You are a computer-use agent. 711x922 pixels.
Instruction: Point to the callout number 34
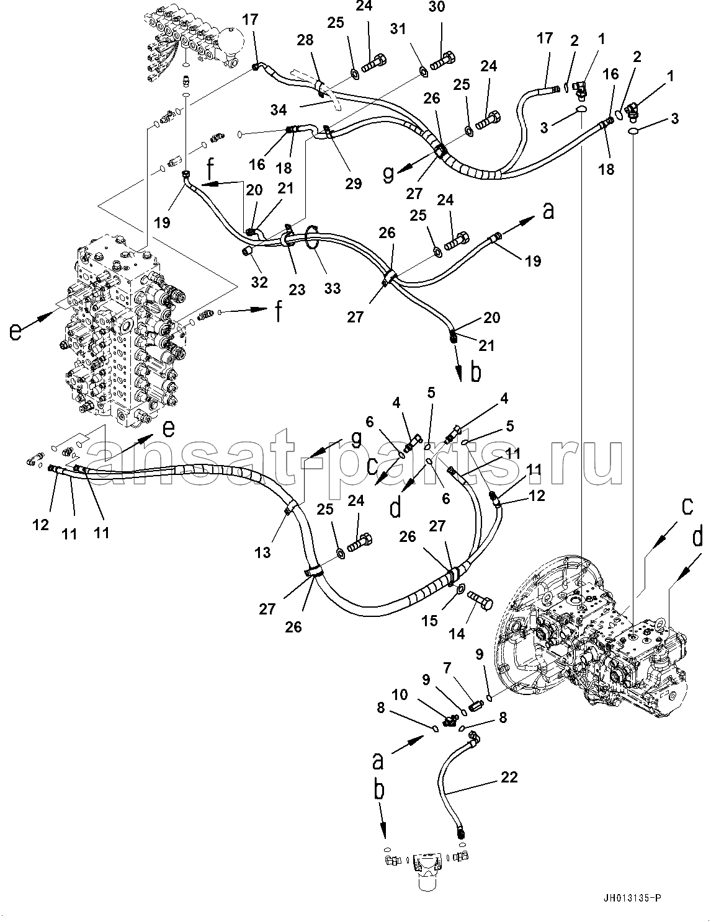pos(279,110)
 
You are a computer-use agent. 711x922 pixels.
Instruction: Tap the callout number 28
pos(305,40)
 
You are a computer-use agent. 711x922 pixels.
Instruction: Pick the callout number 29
pos(353,183)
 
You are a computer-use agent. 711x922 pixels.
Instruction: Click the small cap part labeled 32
pos(247,252)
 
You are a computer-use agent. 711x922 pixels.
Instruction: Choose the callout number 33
pos(333,288)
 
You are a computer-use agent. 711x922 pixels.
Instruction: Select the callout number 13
pos(263,552)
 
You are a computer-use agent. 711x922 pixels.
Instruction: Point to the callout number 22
pos(509,777)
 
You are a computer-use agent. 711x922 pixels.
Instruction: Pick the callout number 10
pos(400,694)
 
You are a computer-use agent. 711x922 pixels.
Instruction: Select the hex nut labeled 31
pos(423,72)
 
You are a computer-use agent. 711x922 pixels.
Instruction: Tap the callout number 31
pos(398,29)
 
